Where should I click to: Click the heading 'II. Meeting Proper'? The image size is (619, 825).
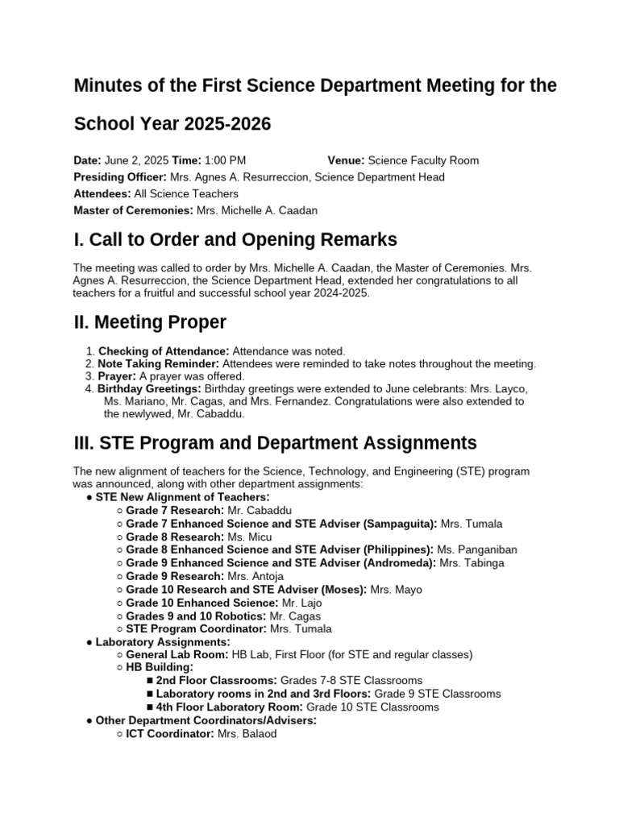coord(149,323)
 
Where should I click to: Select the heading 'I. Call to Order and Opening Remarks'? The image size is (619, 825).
coord(235,239)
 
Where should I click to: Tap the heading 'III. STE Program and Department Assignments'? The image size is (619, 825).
coord(275,443)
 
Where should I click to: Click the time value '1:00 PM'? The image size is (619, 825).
coord(225,160)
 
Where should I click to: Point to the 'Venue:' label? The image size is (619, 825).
coord(346,160)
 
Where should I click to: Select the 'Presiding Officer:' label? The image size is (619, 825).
coord(120,177)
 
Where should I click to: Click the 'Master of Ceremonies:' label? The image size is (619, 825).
coord(133,210)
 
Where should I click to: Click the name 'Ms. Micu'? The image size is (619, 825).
coord(250,537)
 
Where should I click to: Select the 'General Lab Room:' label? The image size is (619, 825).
coord(177,655)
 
